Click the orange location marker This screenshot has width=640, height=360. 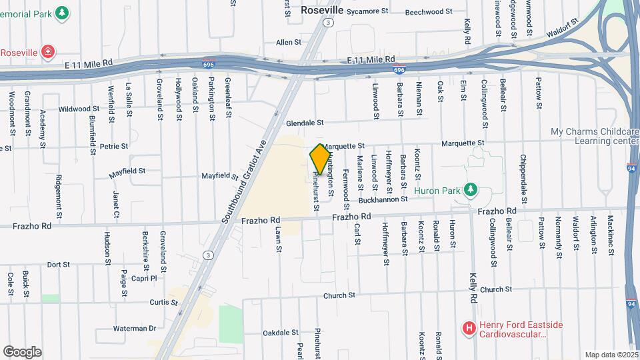pos(321,159)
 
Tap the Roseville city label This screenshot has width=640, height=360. pos(321,11)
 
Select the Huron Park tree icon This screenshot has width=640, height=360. pos(471,190)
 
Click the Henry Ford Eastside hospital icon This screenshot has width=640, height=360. pos(469,328)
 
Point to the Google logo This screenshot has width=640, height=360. pos(22,351)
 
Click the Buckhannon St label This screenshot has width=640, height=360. pos(383,199)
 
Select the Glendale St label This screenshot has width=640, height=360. pos(305,123)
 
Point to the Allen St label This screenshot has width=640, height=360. pos(289,42)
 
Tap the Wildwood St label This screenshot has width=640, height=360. pos(79,109)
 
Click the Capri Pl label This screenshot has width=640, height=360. pos(143,278)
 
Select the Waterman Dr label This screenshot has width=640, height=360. pos(134,328)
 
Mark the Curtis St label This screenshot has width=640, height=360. pos(163,302)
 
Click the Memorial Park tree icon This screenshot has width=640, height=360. pos(62,13)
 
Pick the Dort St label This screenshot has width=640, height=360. pos(59,265)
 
